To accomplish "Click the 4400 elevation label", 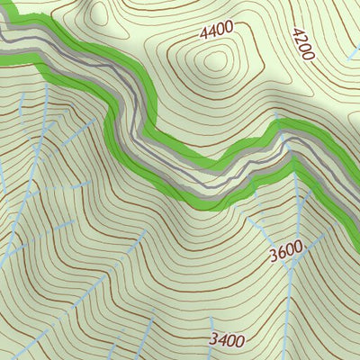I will pos(217,31).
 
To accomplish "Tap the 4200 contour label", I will pos(301,43).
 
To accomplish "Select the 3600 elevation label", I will pos(285,255).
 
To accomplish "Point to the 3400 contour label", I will pos(227,340).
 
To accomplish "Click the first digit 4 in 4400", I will pos(204,33).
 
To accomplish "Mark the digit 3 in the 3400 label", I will pos(213,341).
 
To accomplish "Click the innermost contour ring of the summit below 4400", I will pos(216,61).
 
